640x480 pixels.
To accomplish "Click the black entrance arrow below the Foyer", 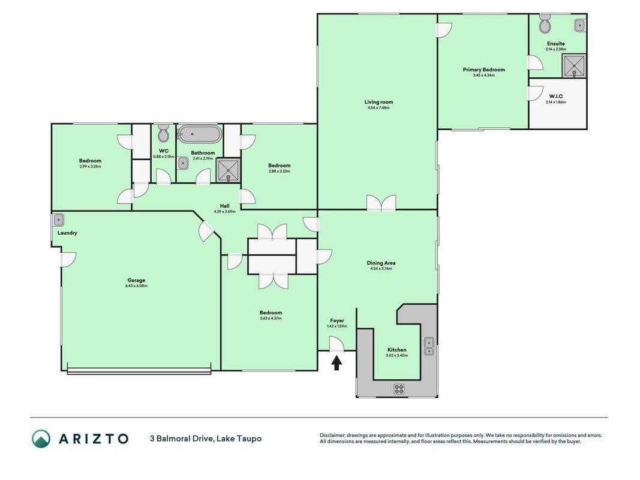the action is pyautogui.click(x=336, y=363).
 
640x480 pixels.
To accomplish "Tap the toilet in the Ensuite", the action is pyautogui.click(x=545, y=23).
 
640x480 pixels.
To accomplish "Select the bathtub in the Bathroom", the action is pyautogui.click(x=200, y=134).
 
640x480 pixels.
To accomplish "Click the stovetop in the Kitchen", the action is pyautogui.click(x=399, y=389).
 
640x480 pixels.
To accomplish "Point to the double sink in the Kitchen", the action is pyautogui.click(x=429, y=347).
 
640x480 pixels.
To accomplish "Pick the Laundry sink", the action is pyautogui.click(x=58, y=220).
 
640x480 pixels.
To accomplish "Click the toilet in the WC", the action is pyautogui.click(x=163, y=133).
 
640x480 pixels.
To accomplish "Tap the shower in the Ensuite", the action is pyautogui.click(x=574, y=66).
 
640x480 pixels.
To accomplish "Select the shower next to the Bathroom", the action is pyautogui.click(x=228, y=170).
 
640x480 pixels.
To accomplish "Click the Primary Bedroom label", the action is pyautogui.click(x=483, y=70).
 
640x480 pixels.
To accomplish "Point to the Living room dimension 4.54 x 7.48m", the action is pyautogui.click(x=378, y=108).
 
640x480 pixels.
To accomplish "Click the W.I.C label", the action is pyautogui.click(x=555, y=97).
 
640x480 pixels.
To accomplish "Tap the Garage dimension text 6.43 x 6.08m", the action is pyautogui.click(x=136, y=286).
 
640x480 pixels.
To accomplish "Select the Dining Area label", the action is pyautogui.click(x=381, y=263).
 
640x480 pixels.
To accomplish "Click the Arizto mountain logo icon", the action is pyautogui.click(x=41, y=439).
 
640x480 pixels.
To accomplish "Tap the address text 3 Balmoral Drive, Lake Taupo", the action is pyautogui.click(x=206, y=439).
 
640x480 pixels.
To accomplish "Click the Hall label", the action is pyautogui.click(x=224, y=206).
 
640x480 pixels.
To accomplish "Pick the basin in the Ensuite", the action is pyautogui.click(x=579, y=25).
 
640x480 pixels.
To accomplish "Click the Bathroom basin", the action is pyautogui.click(x=183, y=164).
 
